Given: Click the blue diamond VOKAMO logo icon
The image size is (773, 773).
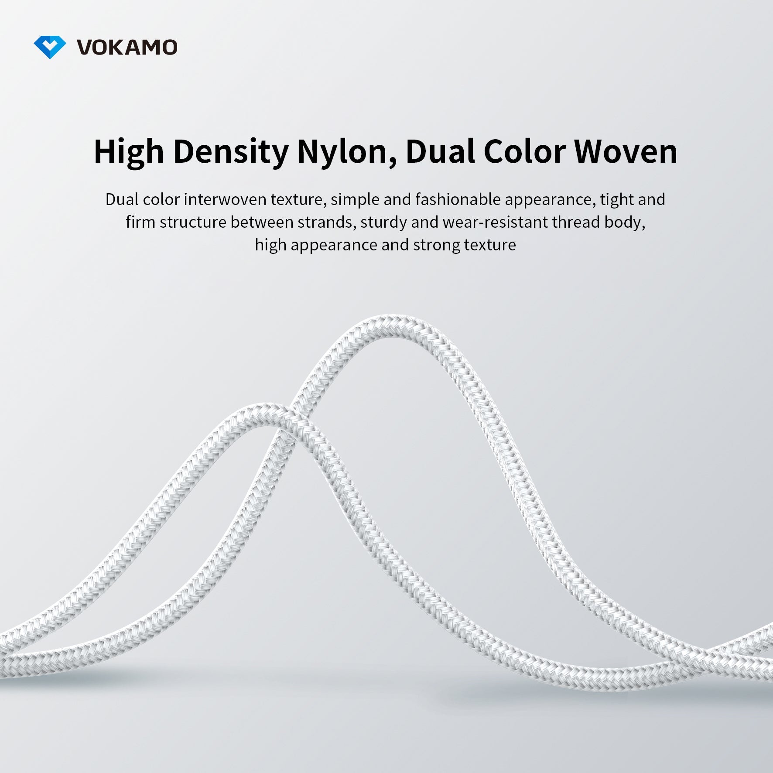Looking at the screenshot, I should point(50,47).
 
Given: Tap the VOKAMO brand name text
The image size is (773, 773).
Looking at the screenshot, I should point(127,48).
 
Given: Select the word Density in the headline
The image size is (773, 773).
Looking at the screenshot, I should point(230,152).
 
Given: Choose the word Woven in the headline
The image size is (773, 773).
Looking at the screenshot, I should point(626,151).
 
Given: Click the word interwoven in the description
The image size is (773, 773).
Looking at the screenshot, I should point(225,199).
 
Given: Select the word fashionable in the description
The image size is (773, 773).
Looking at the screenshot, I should point(458,199).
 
